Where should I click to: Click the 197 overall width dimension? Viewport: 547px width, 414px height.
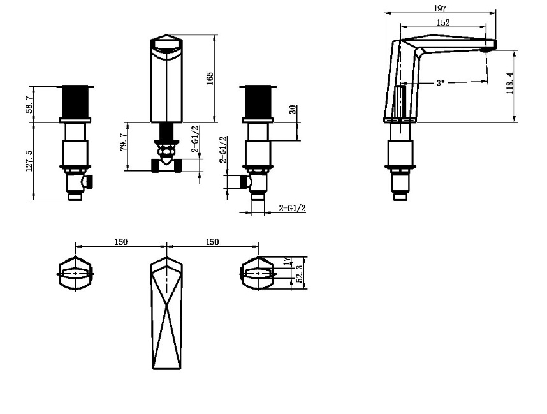440,8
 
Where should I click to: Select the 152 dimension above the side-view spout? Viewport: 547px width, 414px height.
444,22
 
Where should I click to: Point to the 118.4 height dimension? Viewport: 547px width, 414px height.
509,83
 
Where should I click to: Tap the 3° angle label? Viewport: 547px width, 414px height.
441,83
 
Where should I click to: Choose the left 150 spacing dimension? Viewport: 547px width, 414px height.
121,242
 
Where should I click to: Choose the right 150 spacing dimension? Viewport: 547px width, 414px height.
212,242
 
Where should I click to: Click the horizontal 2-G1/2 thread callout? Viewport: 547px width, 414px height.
293,208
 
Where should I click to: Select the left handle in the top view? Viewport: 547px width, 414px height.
76,274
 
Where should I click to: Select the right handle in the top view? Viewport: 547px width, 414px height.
258,274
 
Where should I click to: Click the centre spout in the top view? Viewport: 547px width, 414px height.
167,313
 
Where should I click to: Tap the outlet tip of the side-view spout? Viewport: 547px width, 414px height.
489,45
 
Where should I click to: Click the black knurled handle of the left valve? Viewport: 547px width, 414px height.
76,102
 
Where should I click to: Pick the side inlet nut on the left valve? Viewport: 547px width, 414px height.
89,182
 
